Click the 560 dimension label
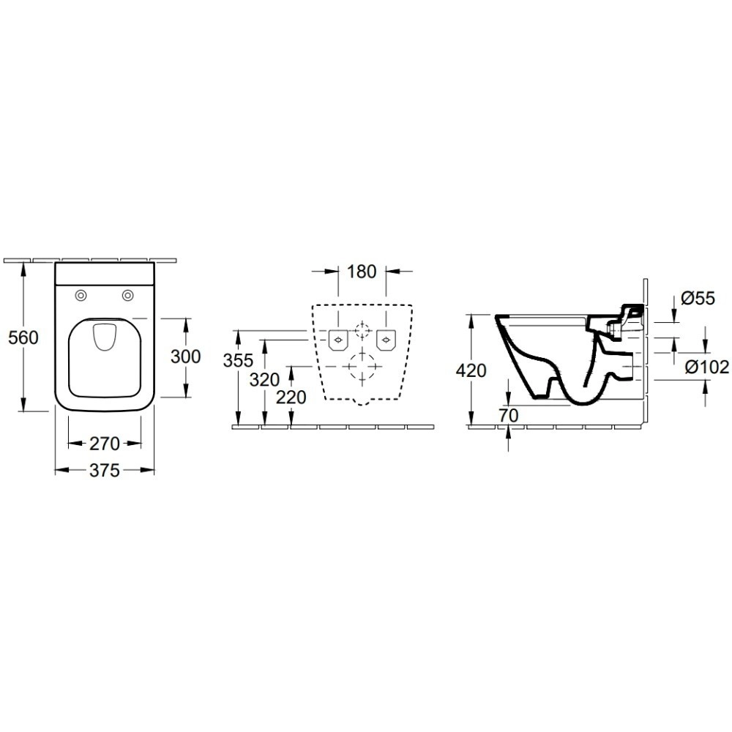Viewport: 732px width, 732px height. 23,337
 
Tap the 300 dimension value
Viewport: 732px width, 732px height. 185,356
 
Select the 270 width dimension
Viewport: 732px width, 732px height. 105,444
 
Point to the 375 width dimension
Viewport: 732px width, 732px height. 105,470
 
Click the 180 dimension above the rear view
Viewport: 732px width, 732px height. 362,272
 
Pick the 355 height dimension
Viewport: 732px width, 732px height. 238,360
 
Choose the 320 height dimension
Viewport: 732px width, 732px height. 264,380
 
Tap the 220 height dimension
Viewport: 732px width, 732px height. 291,397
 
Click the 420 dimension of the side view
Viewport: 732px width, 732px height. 471,370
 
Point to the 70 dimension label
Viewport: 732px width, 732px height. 508,414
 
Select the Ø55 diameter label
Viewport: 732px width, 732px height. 698,298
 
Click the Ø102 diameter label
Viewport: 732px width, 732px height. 707,367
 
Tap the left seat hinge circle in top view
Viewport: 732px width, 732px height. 81,295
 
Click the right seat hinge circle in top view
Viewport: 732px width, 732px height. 127,295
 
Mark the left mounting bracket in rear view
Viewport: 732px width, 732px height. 338,340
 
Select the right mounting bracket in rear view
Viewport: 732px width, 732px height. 386,340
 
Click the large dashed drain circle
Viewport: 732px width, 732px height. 362,367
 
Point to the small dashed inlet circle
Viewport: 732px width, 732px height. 362,330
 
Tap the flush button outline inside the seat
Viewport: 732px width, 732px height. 104,337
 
